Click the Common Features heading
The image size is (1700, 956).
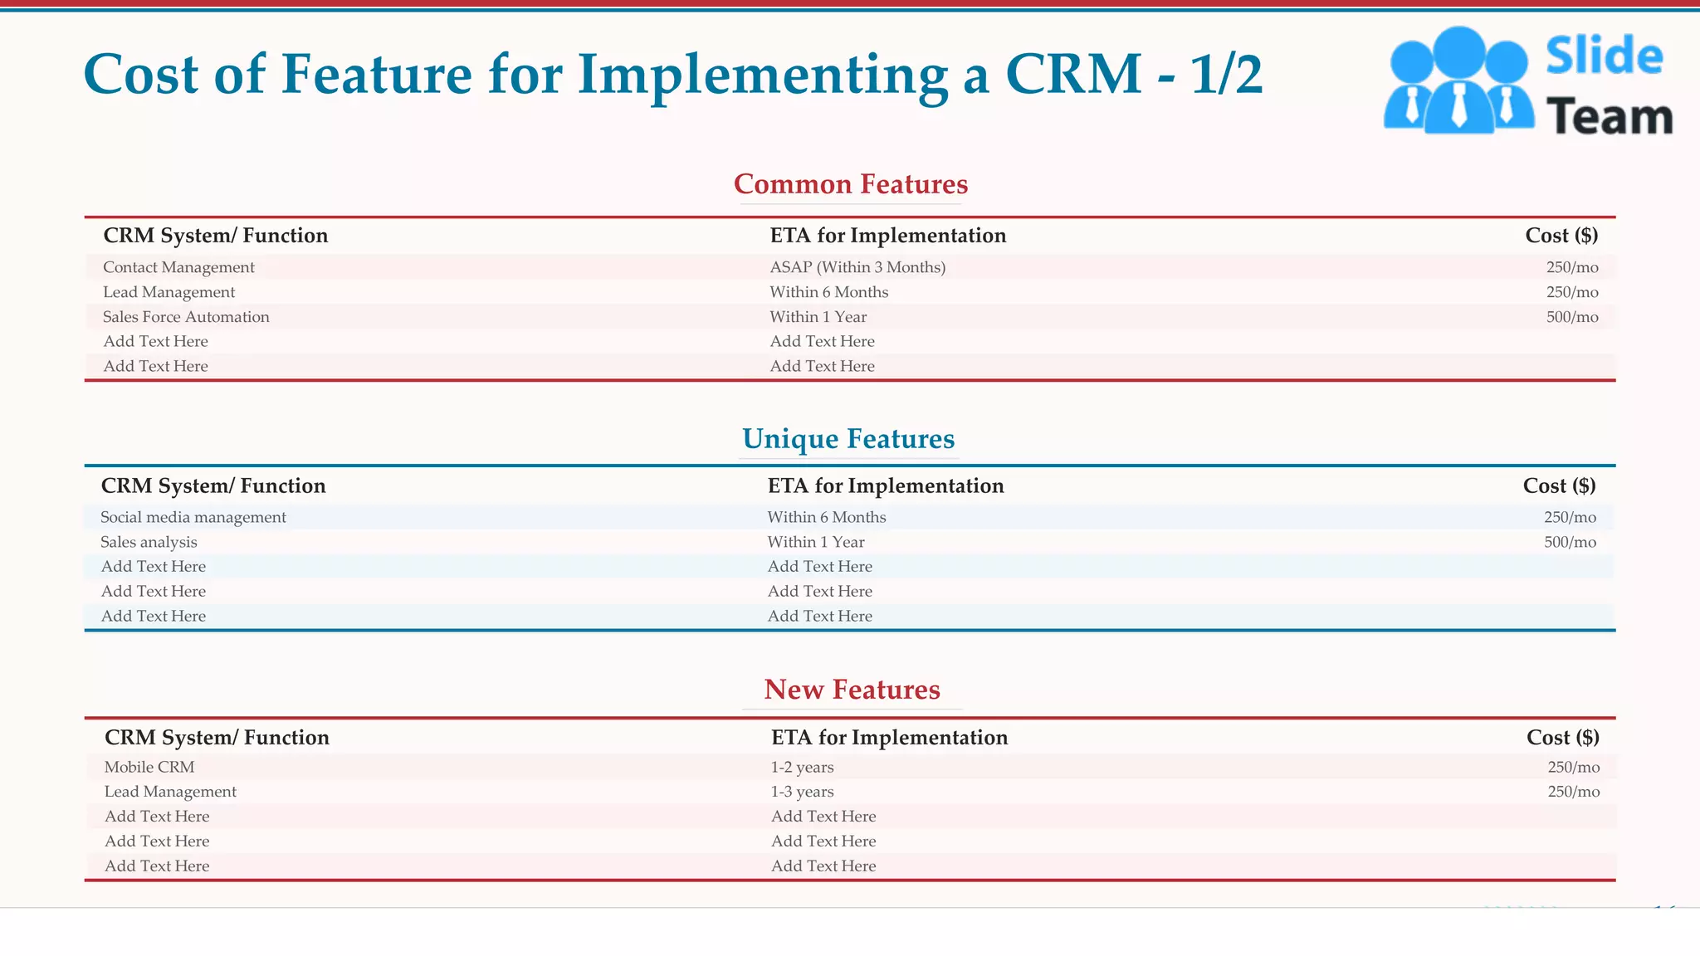(x=850, y=184)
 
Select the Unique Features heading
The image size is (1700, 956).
(x=848, y=439)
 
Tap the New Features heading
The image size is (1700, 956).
(x=852, y=690)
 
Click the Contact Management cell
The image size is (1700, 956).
(x=178, y=267)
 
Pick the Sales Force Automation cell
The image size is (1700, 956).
(x=186, y=317)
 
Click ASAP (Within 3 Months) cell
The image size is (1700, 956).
(x=857, y=267)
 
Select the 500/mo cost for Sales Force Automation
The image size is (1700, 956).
(x=1571, y=317)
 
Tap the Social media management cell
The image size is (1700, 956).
(x=193, y=517)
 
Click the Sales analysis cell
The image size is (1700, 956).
(x=149, y=542)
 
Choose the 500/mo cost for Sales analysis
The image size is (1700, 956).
(x=1569, y=542)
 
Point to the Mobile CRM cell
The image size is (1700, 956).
(x=149, y=767)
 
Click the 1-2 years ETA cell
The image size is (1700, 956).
(x=802, y=767)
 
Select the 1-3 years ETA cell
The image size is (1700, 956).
(x=802, y=792)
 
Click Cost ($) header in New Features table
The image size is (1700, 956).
(x=1562, y=738)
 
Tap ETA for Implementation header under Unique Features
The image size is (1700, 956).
(x=885, y=486)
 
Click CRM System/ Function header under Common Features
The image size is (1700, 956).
(x=215, y=236)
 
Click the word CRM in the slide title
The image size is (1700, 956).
(x=1072, y=75)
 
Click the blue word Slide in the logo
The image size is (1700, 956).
(x=1604, y=56)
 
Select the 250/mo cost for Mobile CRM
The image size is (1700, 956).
(x=1573, y=767)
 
